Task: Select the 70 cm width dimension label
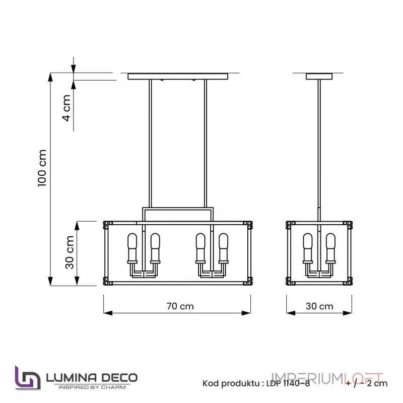pos(180,306)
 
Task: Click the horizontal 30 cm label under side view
pos(319,306)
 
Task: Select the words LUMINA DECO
pos(91,377)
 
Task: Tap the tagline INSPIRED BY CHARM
pos(91,387)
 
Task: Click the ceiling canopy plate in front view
pos(177,77)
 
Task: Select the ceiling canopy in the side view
pos(319,77)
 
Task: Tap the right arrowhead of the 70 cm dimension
pos(247,313)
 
